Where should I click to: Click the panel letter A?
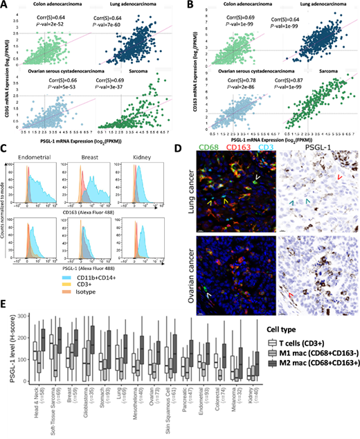(6, 6)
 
